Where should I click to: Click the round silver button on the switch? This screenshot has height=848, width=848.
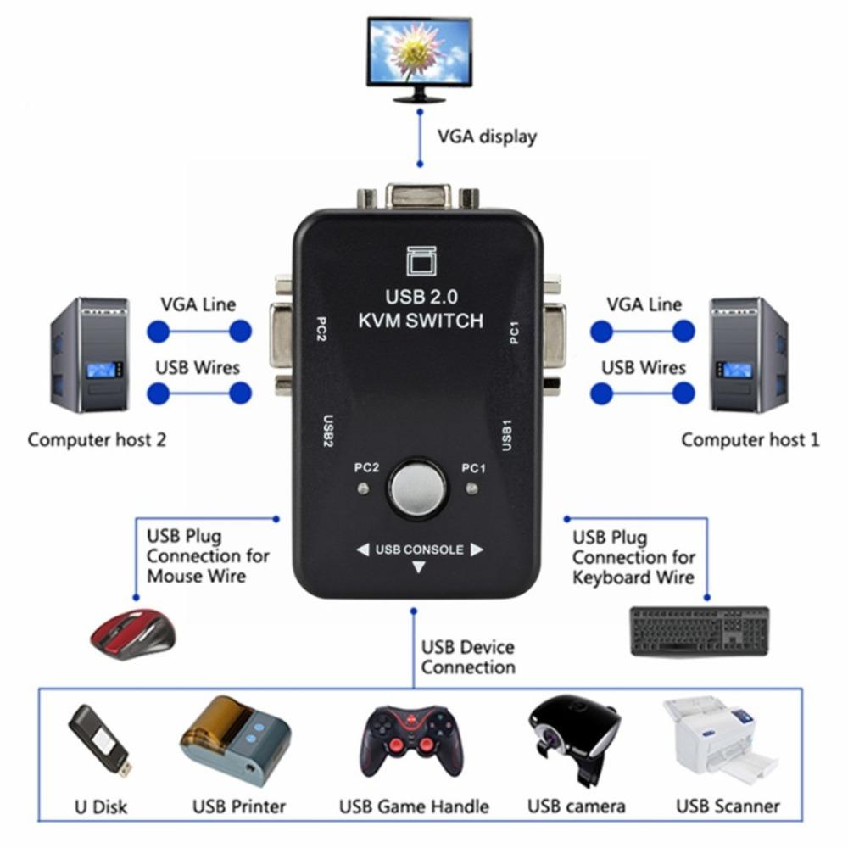(x=417, y=489)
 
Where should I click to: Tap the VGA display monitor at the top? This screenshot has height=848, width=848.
(x=419, y=56)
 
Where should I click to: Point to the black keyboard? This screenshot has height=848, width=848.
(x=699, y=631)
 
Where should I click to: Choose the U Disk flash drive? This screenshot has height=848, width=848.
(x=99, y=741)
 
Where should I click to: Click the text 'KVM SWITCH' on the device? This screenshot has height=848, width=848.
(x=421, y=321)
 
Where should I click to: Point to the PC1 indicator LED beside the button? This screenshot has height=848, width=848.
(x=472, y=488)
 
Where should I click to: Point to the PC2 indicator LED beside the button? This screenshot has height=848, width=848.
(x=363, y=488)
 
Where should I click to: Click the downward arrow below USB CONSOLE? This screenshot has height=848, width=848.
(x=418, y=568)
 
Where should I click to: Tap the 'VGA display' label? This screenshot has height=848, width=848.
(x=486, y=137)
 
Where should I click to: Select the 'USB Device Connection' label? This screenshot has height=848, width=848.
(x=467, y=657)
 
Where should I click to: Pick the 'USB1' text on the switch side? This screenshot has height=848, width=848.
(x=506, y=434)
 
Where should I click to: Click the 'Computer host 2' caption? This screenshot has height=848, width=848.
(x=97, y=440)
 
